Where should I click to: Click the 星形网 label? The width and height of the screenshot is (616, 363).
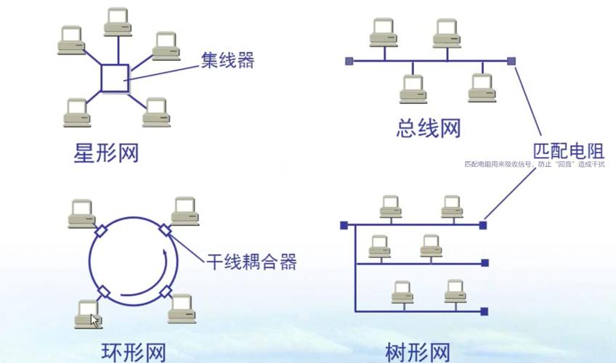click(106, 153)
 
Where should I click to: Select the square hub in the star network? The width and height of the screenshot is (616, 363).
click(115, 78)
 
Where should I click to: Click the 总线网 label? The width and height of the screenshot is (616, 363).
click(429, 129)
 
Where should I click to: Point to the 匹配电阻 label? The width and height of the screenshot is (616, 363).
click(569, 151)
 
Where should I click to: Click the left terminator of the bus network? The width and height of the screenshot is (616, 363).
click(349, 61)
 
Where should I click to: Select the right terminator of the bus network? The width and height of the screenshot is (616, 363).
click(511, 61)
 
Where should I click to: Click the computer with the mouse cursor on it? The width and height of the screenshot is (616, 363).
click(88, 313)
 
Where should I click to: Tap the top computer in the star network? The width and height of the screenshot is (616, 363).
click(118, 22)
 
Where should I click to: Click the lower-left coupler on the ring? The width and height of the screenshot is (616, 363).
click(104, 291)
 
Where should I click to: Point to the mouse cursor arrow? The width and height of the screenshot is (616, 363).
click(94, 319)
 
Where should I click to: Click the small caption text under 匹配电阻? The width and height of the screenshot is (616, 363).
click(534, 165)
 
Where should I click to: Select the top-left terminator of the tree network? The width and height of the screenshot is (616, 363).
click(344, 226)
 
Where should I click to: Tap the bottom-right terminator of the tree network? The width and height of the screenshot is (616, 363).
click(485, 312)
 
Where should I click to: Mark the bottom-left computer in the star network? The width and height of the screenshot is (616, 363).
click(75, 113)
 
